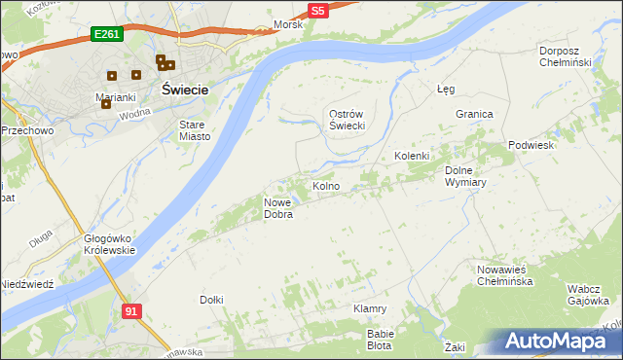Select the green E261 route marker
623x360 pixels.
tap(106, 34)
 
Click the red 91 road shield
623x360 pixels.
tap(132, 310)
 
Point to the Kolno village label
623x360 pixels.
tap(325, 186)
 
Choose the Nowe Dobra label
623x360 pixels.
tap(278, 208)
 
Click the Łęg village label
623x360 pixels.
tap(446, 89)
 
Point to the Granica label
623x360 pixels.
tap(474, 114)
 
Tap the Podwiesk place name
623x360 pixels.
tap(531, 145)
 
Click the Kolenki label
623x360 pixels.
tap(412, 156)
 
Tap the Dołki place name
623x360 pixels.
tap(211, 300)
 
